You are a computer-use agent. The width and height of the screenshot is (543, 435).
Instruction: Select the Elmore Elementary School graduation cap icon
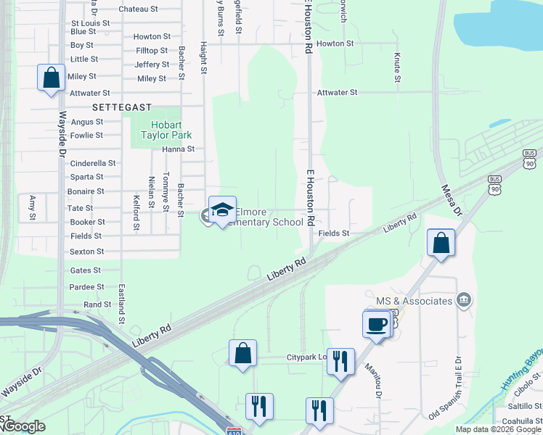pos(222,210)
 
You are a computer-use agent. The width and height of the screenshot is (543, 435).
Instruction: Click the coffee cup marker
pos(377,323)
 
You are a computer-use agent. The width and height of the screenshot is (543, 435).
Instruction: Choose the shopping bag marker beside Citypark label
pos(243,353)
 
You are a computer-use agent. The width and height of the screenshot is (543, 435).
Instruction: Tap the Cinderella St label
pos(93,163)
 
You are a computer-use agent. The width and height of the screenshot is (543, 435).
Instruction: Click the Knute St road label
pos(397,67)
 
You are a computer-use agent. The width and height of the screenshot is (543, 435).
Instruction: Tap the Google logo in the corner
pos(23,426)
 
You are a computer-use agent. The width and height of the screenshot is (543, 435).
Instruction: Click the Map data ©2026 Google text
pos(499,429)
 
